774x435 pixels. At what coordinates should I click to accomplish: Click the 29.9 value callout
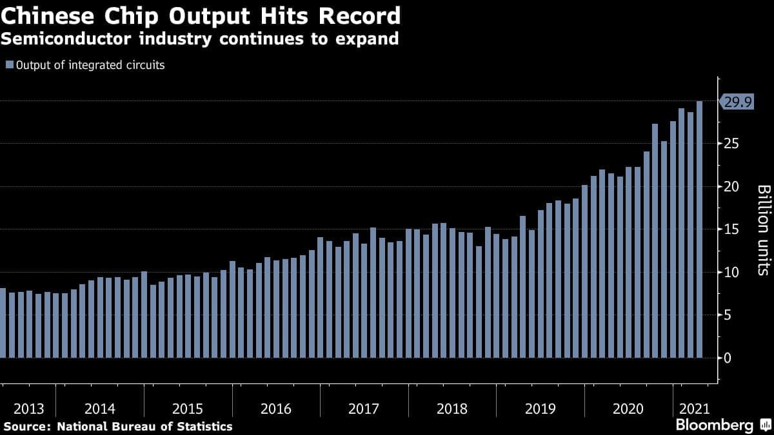coord(737,102)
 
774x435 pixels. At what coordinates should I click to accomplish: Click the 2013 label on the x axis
coord(28,409)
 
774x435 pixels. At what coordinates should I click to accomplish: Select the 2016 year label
coord(275,409)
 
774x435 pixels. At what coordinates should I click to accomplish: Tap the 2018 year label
coord(451,409)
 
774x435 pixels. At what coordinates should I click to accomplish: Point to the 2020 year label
coord(628,409)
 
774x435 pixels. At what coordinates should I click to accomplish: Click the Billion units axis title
coord(763,229)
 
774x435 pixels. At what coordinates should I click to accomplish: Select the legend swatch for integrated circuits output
coord(9,65)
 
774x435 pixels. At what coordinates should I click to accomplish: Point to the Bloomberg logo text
coord(714,425)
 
